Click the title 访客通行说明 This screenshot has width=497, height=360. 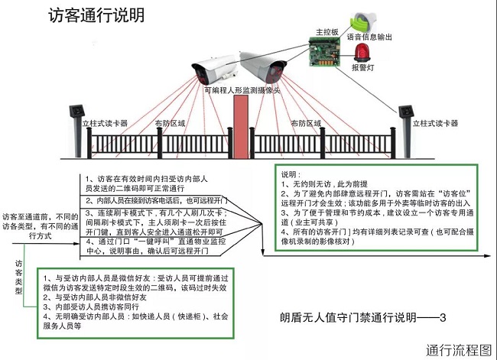click(95, 16)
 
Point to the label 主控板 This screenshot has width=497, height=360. click(327, 33)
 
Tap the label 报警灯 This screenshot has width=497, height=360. click(362, 67)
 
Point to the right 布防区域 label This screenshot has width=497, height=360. click(305, 122)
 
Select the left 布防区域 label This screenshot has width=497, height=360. click(170, 122)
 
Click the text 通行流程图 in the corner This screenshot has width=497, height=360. click(459, 349)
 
